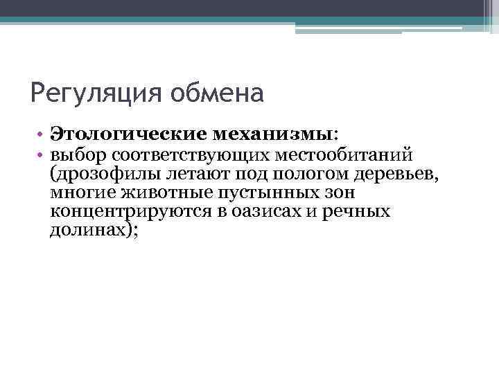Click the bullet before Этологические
(x=42, y=134)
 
